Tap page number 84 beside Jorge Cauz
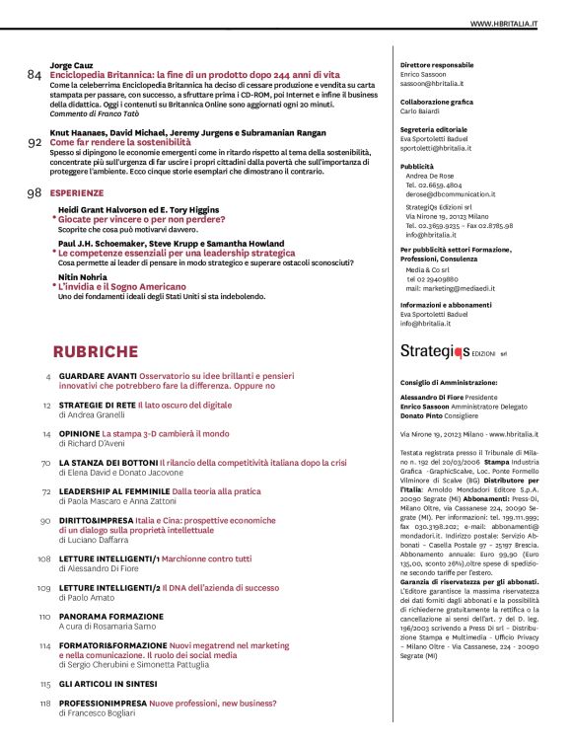(x=35, y=75)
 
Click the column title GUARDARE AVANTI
(x=96, y=377)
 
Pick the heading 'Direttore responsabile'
(x=437, y=64)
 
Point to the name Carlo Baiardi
(x=423, y=112)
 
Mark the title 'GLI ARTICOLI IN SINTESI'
(x=110, y=683)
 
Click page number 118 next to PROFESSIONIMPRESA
(x=44, y=703)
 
